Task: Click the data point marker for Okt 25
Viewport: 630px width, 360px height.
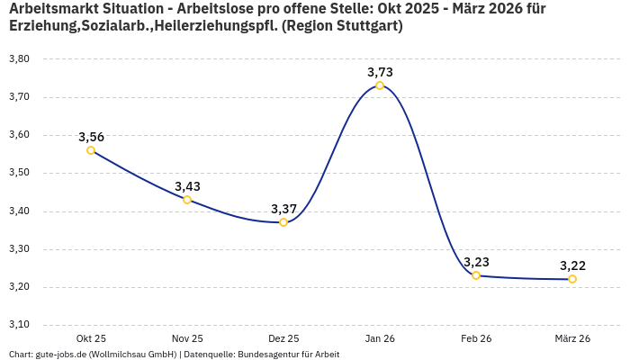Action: tap(91, 150)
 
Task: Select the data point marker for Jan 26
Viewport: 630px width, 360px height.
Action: tap(380, 85)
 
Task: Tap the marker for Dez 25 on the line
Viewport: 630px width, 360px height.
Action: tap(283, 222)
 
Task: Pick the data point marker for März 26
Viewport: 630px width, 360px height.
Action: tap(572, 279)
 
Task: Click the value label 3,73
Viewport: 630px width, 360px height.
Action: tap(380, 72)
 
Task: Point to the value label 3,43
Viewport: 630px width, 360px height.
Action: tap(187, 186)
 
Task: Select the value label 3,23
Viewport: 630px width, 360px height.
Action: tap(476, 262)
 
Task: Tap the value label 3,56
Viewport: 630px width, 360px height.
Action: tap(91, 137)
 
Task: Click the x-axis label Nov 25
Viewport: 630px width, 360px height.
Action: tap(187, 338)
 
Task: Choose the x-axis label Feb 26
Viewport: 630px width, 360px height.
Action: tap(476, 338)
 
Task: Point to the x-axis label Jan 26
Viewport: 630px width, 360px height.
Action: tap(380, 338)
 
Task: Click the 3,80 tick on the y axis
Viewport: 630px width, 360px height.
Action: tap(19, 58)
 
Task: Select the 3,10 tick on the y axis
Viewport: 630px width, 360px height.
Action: tap(19, 325)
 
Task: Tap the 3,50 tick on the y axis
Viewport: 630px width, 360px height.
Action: tap(19, 173)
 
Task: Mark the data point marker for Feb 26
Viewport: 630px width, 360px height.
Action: tap(476, 275)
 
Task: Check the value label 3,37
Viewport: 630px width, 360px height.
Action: tap(283, 209)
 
